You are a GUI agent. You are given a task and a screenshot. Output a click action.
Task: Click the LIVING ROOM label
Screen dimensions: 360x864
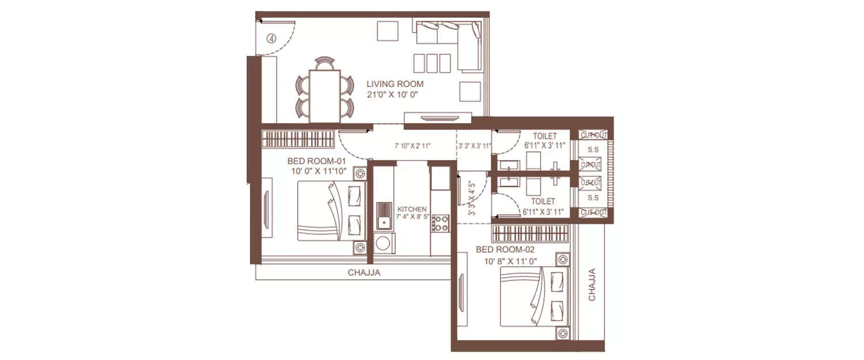click(x=395, y=84)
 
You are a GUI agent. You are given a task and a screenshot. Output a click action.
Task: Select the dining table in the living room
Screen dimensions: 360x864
click(x=324, y=96)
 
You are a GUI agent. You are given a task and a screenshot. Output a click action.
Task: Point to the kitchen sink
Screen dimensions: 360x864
click(x=384, y=221)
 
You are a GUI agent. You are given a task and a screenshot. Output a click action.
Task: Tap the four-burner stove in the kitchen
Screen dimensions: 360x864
click(x=440, y=223)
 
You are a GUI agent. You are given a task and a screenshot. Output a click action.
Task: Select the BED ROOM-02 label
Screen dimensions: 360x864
click(x=506, y=250)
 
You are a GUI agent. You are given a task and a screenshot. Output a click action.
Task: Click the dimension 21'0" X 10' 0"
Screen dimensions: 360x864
click(x=396, y=95)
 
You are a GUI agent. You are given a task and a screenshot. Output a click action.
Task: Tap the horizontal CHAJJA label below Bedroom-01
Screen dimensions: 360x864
click(x=364, y=273)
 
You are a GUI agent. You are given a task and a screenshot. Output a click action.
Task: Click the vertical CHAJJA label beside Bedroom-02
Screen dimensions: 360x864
click(x=592, y=285)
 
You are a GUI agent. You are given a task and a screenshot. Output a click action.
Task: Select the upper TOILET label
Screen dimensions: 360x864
click(x=544, y=137)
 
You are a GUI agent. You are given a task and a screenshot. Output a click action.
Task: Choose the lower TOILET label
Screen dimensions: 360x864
click(x=543, y=202)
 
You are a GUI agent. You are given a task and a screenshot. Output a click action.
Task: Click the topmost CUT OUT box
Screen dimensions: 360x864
click(x=593, y=135)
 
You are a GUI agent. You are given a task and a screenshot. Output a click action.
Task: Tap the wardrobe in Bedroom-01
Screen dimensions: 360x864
click(x=298, y=139)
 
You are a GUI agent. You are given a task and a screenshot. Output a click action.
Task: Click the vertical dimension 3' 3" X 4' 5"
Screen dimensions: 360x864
click(x=473, y=199)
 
